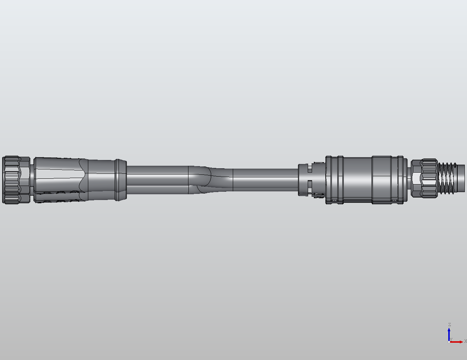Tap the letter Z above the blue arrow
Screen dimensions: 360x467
449,325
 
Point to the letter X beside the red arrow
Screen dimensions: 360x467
465,341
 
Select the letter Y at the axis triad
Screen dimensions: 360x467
451,339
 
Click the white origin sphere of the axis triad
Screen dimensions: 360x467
449,342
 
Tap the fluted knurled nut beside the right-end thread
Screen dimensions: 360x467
430,178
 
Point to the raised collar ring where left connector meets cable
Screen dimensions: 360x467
120,180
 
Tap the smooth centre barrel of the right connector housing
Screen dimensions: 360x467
357,179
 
